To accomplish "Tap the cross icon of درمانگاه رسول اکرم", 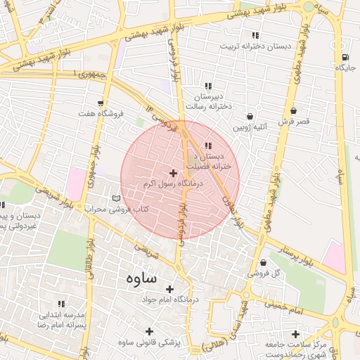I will click(x=173, y=172).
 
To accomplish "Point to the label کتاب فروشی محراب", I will click(x=113, y=209).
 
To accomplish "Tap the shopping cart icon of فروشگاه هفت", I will click(x=103, y=103).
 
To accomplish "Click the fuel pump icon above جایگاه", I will click(x=344, y=58).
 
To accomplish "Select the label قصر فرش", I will click(x=293, y=122).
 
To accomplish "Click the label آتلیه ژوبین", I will click(x=250, y=127).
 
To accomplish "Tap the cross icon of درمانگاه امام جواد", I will click(x=170, y=288).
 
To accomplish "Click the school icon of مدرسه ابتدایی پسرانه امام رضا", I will click(x=61, y=304).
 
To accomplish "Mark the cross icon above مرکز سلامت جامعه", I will click(x=295, y=333).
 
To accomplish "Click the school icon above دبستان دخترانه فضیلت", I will click(x=207, y=146).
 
